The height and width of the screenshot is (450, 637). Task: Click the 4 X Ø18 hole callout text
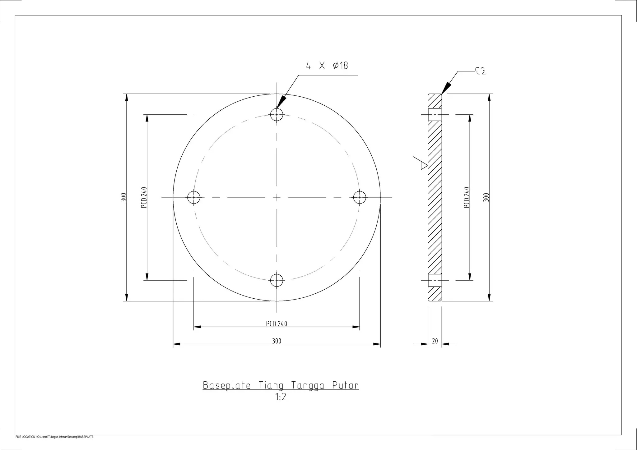click(x=327, y=66)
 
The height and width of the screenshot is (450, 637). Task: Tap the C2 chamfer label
click(x=481, y=71)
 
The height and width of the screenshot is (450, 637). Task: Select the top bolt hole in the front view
click(x=277, y=114)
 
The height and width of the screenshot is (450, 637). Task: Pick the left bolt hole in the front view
click(x=194, y=197)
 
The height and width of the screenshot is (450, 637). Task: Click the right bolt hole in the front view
click(x=360, y=197)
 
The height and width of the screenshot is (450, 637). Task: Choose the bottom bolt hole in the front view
click(x=277, y=280)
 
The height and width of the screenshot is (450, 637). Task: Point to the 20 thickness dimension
click(x=435, y=341)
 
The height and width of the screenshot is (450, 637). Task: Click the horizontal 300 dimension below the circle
click(x=277, y=341)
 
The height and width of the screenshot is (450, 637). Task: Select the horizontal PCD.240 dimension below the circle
click(x=277, y=324)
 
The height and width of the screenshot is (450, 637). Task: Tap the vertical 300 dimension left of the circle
click(x=123, y=197)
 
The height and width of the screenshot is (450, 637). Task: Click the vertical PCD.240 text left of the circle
click(x=144, y=197)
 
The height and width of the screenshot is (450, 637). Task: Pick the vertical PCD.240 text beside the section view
click(x=466, y=197)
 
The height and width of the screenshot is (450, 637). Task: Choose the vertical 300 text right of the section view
click(x=486, y=197)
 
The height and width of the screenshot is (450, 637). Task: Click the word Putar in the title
click(x=345, y=386)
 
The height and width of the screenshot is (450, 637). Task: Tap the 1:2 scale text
click(x=281, y=397)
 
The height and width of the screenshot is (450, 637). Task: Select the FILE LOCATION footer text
click(x=54, y=437)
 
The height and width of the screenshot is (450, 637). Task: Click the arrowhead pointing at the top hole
click(x=281, y=102)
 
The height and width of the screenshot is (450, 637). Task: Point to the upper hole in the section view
click(x=435, y=115)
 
